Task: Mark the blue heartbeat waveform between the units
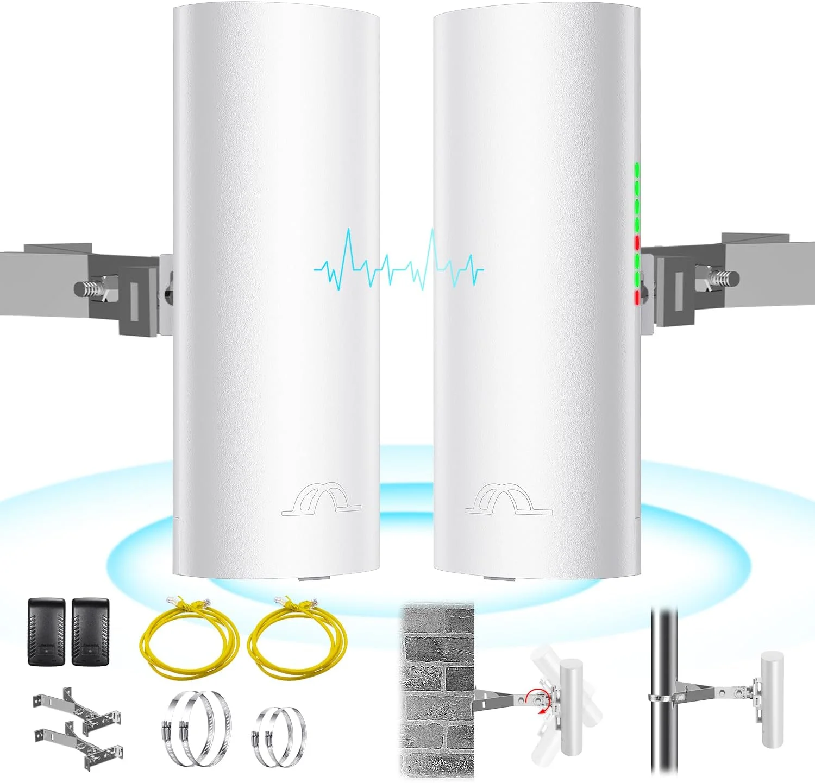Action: (x=399, y=262)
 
